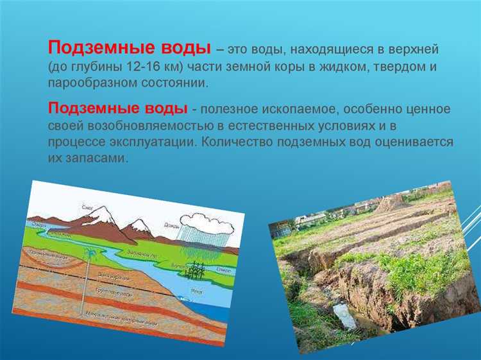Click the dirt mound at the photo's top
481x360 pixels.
[389, 203]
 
